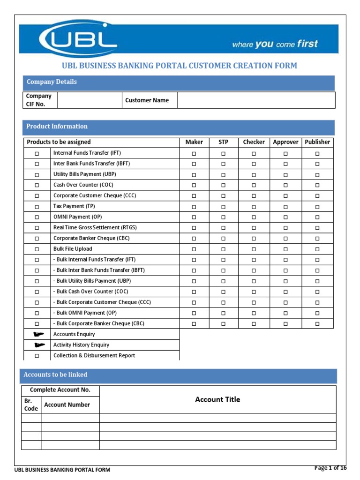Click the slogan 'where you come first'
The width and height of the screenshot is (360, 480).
click(x=275, y=45)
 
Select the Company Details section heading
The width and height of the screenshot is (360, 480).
click(x=52, y=82)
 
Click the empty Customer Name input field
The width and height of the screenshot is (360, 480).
click(x=256, y=100)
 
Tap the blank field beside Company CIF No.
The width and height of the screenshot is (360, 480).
click(x=89, y=100)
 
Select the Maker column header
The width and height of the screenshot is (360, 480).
click(x=194, y=142)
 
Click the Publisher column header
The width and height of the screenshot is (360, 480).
click(x=317, y=142)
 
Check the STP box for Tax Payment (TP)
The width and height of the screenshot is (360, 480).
click(x=224, y=207)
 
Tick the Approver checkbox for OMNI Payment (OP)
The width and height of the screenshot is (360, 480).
click(x=285, y=217)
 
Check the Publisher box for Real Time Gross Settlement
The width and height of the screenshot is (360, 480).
click(x=317, y=228)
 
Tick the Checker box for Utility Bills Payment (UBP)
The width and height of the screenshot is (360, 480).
click(x=254, y=175)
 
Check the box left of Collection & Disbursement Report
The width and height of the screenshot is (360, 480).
click(x=37, y=356)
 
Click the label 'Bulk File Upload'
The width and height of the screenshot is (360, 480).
click(x=73, y=249)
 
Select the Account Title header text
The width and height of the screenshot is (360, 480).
click(x=217, y=400)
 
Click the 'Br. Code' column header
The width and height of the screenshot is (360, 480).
click(x=31, y=405)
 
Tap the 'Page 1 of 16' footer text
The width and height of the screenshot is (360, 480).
click(x=330, y=468)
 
